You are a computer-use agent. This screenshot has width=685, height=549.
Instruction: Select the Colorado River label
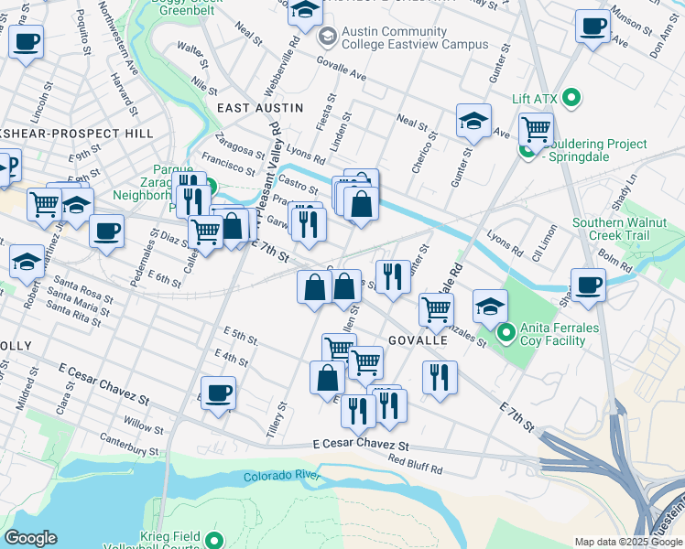(x=280, y=476)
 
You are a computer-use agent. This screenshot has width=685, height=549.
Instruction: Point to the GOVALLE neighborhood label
(x=418, y=339)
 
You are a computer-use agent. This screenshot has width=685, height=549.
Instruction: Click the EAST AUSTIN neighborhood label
(x=260, y=108)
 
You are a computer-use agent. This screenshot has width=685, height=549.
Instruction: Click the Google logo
(x=30, y=538)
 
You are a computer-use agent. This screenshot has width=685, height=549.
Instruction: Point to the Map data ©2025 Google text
(x=628, y=542)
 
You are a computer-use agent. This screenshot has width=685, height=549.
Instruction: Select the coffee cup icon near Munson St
(x=593, y=26)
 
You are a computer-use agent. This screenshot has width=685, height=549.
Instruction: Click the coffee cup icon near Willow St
(x=218, y=393)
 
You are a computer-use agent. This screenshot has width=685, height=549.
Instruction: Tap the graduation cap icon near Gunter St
(x=473, y=121)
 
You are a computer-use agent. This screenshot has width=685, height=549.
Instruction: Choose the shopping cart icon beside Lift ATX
(x=535, y=129)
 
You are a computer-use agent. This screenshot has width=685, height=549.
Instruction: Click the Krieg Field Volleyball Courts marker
(x=215, y=540)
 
